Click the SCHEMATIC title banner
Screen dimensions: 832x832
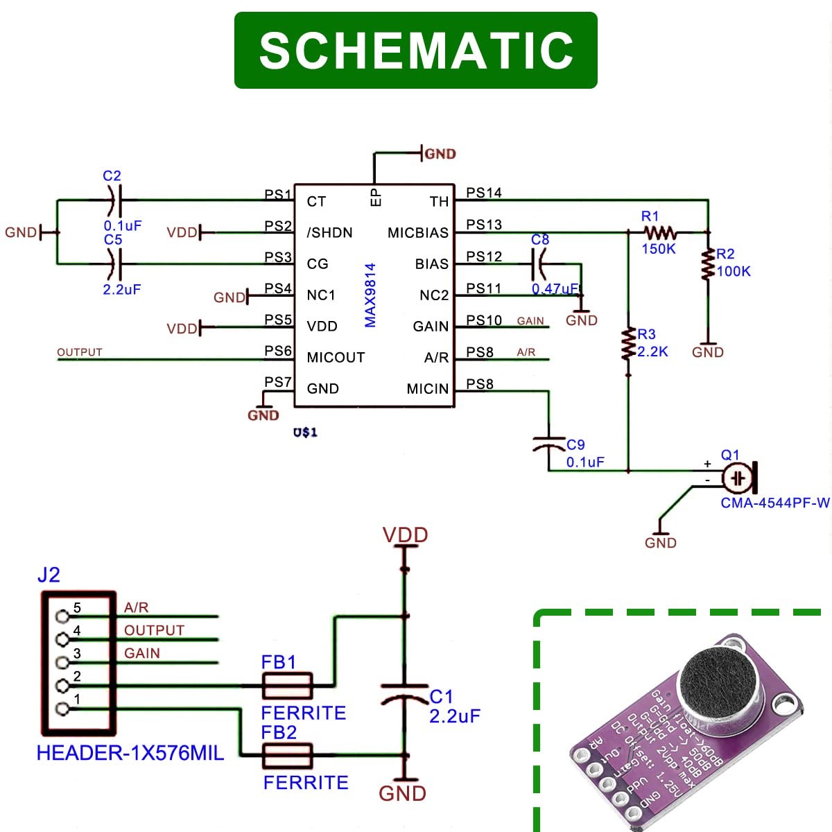coord(416,50)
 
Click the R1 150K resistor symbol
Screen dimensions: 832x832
coord(660,232)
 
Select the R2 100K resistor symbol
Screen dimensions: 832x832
coord(708,264)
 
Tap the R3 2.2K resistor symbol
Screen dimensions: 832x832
coord(628,344)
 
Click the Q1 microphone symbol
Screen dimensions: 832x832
coord(739,478)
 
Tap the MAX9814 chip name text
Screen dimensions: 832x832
coord(370,295)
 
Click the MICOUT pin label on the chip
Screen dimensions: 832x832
coord(336,358)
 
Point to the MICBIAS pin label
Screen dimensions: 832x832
coord(418,233)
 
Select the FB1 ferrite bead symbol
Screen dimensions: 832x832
coord(287,686)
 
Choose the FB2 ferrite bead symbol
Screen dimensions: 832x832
coord(287,756)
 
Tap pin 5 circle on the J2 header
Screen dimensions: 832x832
coord(62,616)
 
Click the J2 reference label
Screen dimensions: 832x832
coord(49,575)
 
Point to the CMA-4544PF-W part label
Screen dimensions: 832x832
coord(774,503)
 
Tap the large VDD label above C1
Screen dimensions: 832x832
coord(406,535)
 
